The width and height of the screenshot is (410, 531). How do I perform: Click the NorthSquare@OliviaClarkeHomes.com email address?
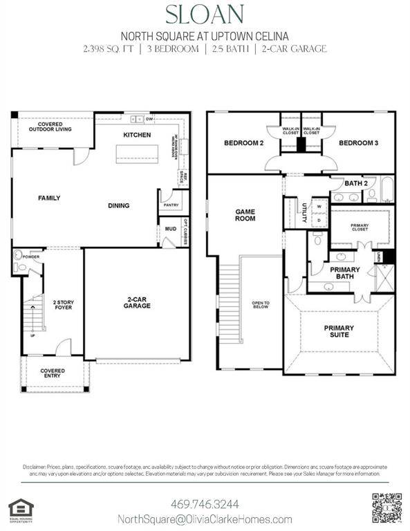click(x=204, y=519)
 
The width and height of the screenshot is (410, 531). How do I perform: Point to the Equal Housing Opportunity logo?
click(x=19, y=507)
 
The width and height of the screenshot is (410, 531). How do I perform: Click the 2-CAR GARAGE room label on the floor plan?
click(x=137, y=305)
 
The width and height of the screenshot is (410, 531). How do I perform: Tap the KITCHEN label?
click(x=137, y=135)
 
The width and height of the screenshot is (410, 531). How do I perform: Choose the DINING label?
click(x=118, y=205)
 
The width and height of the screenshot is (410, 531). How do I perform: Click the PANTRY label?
click(x=170, y=205)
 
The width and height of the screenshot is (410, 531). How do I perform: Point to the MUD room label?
click(x=169, y=228)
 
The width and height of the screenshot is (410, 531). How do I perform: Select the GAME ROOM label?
click(x=245, y=215)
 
